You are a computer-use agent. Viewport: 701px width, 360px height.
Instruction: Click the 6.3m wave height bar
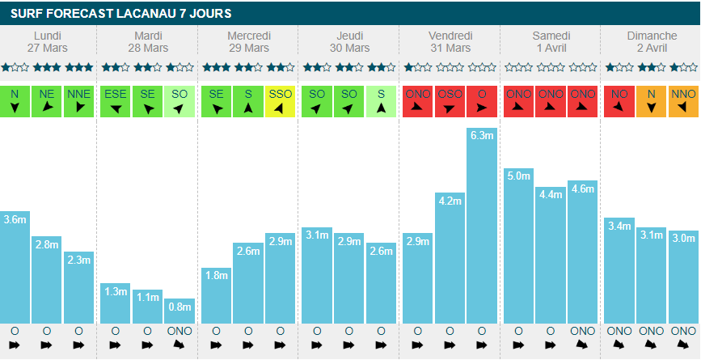482,226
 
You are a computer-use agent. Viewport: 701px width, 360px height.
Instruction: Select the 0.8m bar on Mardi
179,311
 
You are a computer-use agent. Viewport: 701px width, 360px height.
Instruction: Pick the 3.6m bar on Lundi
15,267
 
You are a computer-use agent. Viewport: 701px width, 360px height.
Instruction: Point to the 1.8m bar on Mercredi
216,295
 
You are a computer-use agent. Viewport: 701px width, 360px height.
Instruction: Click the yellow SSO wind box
281,101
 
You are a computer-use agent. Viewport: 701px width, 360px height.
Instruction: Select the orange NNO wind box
683,101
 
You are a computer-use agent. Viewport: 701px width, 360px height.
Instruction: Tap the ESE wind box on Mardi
116,101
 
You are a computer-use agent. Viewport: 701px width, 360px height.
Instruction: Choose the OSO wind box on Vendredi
450,101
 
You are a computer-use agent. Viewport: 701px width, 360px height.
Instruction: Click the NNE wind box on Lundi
78,101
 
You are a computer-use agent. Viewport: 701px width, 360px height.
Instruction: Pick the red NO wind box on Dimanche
619,101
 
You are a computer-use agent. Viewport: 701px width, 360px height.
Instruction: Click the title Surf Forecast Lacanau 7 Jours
121,13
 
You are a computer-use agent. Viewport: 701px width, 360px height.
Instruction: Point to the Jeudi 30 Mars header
348,42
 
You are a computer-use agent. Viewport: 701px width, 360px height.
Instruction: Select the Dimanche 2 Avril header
652,42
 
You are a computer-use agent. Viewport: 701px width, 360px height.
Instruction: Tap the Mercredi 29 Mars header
248,42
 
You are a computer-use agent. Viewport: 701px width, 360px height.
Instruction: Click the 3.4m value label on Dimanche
619,225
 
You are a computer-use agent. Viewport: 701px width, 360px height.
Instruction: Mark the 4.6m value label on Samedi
582,188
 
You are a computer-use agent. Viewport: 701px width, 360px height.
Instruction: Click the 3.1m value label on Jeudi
316,235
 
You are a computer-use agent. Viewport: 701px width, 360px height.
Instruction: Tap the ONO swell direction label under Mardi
179,331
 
